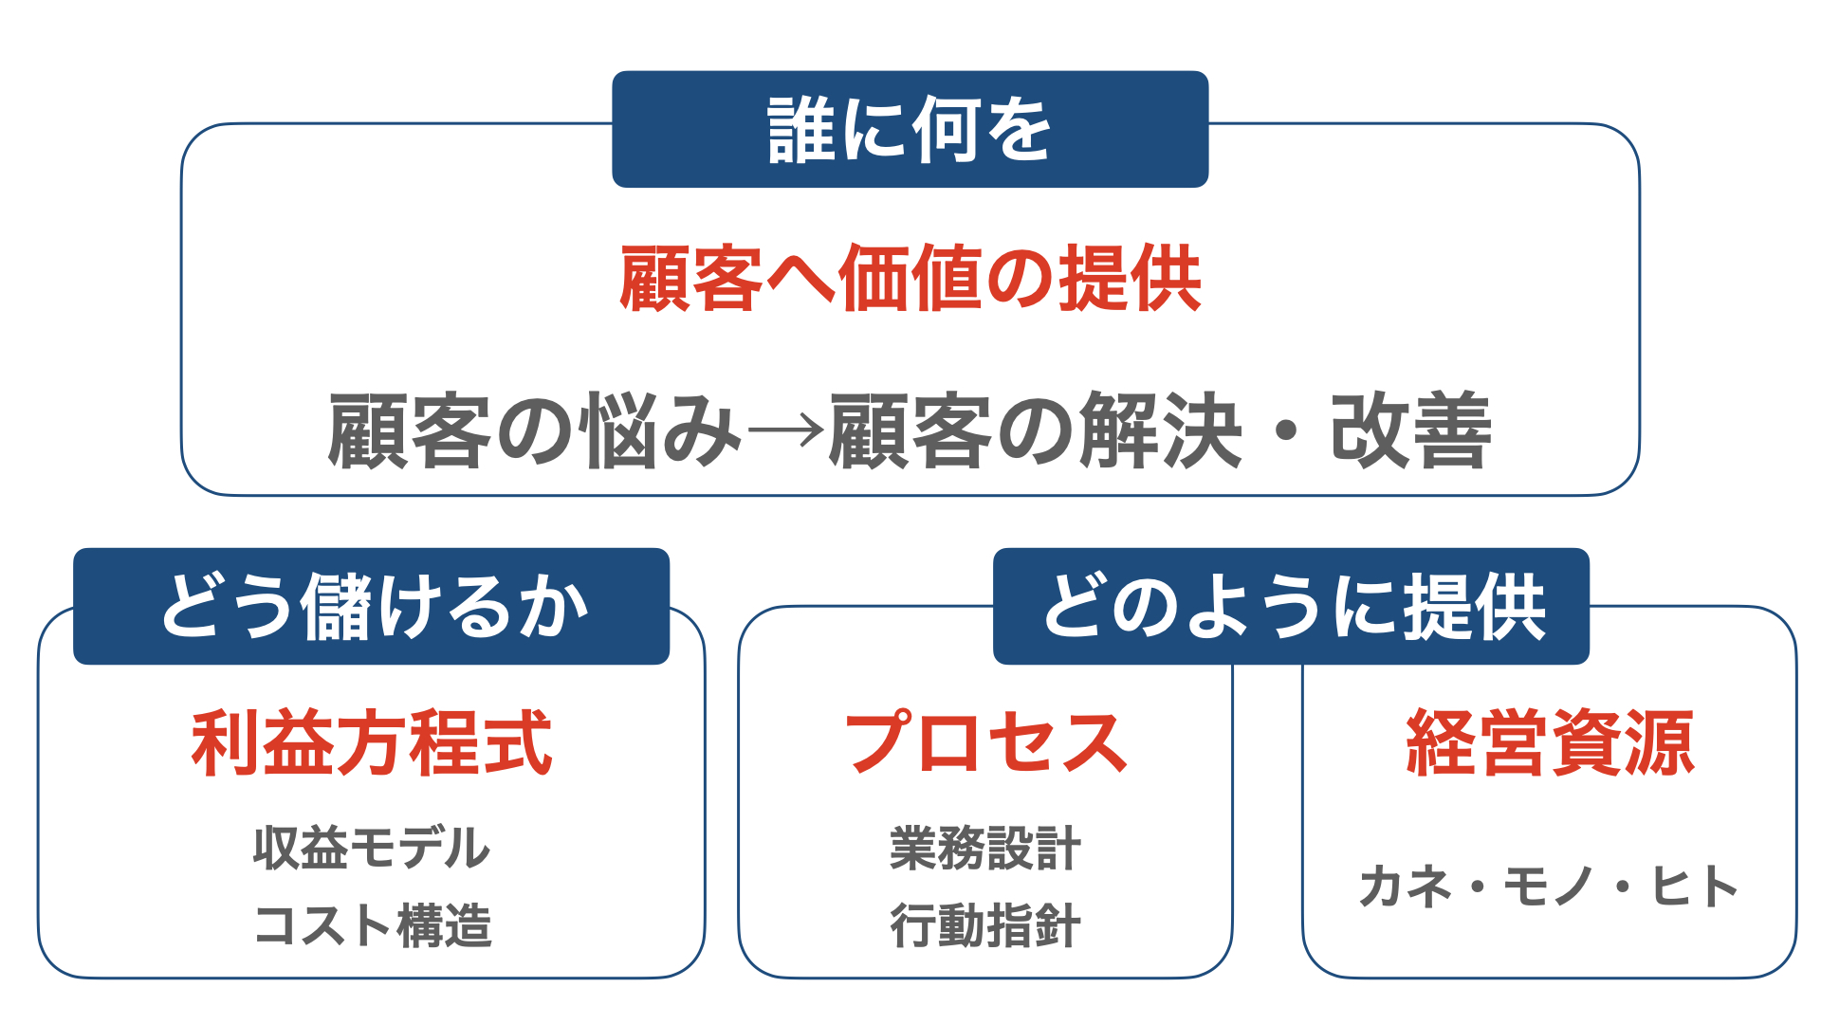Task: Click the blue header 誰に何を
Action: click(x=910, y=129)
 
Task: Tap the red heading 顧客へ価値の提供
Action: click(x=910, y=279)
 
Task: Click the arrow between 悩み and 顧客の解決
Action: click(x=785, y=432)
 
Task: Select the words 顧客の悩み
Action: click(x=534, y=431)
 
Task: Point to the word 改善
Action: click(x=1411, y=431)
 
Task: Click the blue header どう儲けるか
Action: click(x=372, y=606)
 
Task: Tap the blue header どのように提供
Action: click(x=1291, y=606)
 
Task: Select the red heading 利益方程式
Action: click(x=372, y=743)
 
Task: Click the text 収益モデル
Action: click(x=372, y=848)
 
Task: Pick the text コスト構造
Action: click(x=372, y=925)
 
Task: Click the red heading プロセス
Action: click(x=985, y=743)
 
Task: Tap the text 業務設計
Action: click(x=985, y=848)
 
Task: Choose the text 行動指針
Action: click(x=985, y=925)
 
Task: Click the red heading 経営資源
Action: click(x=1550, y=743)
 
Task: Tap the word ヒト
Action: click(x=1695, y=887)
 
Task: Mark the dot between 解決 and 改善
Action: click(x=1286, y=432)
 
